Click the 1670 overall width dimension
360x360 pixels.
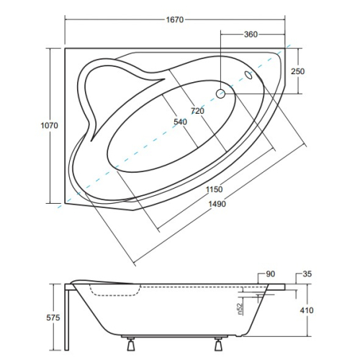coord(175,19)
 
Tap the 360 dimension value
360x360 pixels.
coord(251,35)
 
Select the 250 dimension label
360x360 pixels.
coord(297,71)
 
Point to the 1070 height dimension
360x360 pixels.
coord(50,125)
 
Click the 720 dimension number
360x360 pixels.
coord(197,111)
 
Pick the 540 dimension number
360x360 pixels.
coord(180,122)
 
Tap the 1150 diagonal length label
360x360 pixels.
coord(215,189)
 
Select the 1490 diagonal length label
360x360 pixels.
coord(217,204)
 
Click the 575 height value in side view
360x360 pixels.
coord(53,318)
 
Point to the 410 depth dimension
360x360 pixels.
coord(307,310)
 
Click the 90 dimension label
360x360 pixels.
coord(271,274)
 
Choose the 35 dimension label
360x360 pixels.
coord(307,274)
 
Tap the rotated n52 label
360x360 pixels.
coord(240,309)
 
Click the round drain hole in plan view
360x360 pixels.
coord(220,94)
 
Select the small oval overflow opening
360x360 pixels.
coord(248,75)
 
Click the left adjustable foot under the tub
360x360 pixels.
coord(130,344)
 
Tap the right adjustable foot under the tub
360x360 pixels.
coord(218,344)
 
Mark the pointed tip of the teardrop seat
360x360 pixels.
coord(91,140)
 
